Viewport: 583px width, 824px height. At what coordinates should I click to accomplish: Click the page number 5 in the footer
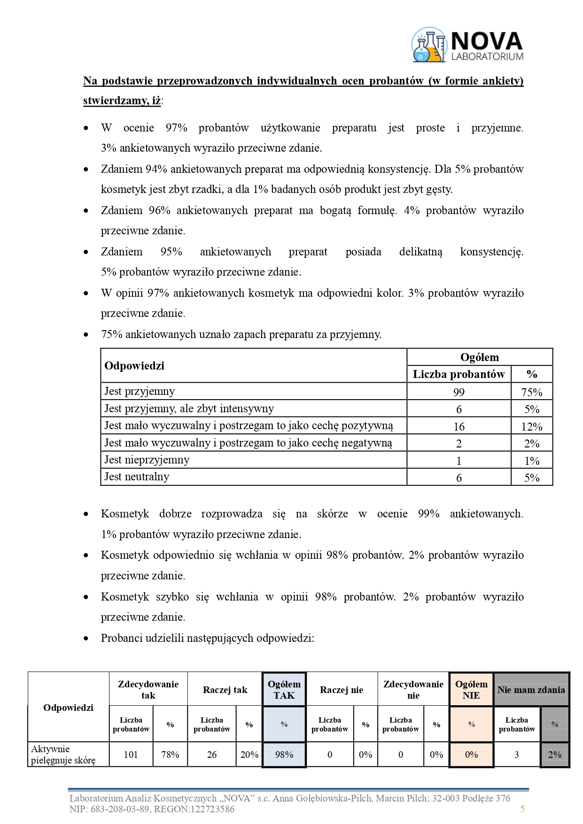(522, 809)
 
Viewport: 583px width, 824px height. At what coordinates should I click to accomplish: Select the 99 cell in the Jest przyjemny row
(459, 393)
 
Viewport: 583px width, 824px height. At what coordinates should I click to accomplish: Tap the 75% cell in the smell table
(531, 393)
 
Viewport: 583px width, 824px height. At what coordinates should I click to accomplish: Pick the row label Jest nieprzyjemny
(147, 460)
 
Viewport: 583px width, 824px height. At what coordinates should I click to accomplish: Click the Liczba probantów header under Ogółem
(459, 374)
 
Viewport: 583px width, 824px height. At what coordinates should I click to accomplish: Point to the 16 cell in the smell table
(459, 426)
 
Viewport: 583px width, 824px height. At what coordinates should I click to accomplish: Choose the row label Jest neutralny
(137, 477)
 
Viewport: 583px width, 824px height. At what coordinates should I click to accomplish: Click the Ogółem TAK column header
(284, 690)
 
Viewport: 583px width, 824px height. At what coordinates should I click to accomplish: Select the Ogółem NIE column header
(471, 690)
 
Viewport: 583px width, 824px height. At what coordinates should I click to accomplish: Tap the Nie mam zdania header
(531, 690)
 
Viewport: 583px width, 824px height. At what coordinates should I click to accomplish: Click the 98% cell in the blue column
(284, 755)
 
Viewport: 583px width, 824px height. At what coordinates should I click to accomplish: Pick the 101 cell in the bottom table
(131, 755)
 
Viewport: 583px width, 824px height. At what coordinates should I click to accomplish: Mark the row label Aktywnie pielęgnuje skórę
(63, 755)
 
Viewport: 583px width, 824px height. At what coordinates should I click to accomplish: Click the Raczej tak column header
(225, 690)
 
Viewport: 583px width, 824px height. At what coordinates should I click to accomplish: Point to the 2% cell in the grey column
(554, 755)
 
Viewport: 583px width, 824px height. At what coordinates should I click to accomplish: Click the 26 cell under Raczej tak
(212, 755)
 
